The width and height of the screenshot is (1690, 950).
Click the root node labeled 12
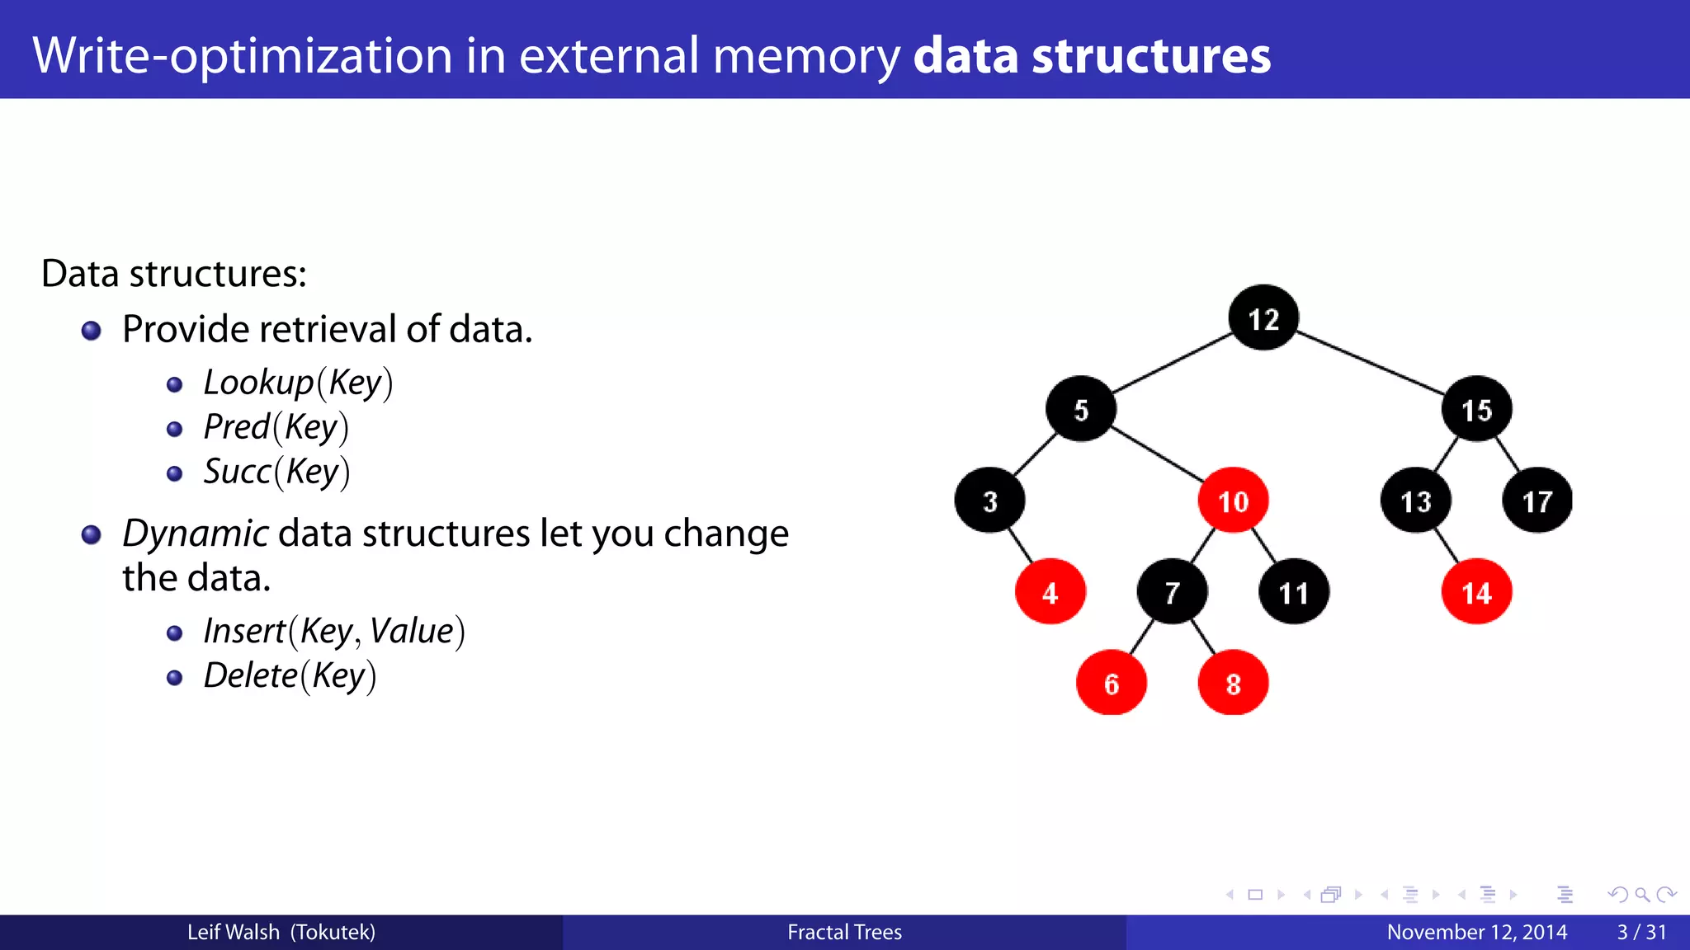1263,318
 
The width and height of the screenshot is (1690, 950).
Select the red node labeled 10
1233,501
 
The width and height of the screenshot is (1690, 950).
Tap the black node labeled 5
1081,409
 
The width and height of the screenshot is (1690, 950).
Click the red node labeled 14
1476,592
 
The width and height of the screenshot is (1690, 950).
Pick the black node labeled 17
1537,501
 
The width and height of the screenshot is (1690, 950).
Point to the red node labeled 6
1112,683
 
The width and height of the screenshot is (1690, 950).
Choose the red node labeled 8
1233,683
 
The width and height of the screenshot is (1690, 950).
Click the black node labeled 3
990,501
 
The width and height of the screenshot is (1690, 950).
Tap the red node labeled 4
1050,592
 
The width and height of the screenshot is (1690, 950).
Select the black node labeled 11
1293,592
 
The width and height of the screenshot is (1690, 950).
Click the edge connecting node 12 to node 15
1370,363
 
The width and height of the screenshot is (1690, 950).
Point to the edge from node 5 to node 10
1157,454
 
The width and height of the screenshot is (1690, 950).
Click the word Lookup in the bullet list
258,383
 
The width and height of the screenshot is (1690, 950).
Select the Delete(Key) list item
290,675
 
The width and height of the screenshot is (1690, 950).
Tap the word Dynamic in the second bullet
195,534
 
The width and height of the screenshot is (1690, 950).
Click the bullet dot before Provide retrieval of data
92,331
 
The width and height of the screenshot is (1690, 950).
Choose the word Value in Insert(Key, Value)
412,631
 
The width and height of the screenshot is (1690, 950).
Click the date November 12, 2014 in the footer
1476,932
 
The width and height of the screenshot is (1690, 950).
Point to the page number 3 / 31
1641,932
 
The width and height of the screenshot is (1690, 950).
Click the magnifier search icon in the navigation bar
1642,895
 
